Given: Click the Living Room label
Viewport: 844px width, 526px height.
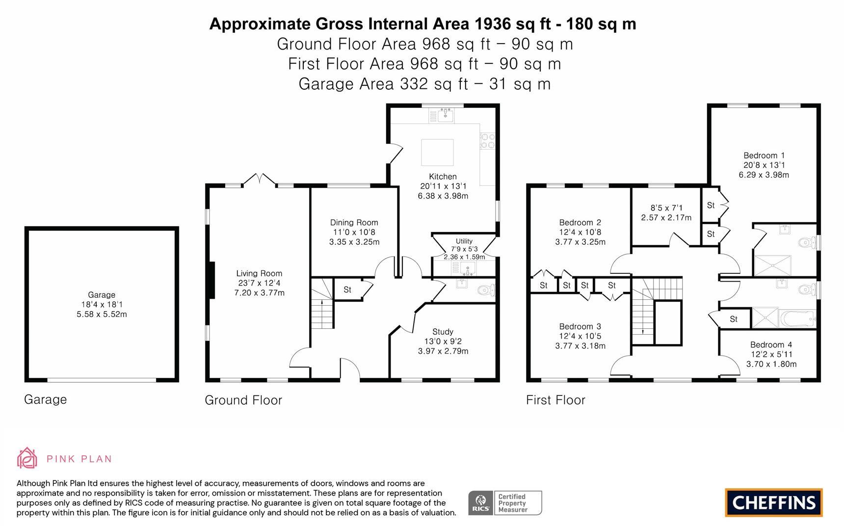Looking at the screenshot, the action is [259, 273].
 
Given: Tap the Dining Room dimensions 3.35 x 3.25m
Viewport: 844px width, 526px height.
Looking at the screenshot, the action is [354, 242].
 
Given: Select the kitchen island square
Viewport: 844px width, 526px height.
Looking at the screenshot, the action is [437, 153].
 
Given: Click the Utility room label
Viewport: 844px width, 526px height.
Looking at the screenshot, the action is [464, 241].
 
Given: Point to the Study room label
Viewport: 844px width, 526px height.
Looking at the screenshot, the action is [443, 332].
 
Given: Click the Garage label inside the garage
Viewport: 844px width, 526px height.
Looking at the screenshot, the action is [102, 295].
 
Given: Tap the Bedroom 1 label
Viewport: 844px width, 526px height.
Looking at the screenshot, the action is [764, 156].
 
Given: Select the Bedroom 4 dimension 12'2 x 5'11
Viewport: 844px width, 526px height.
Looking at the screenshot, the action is [771, 354].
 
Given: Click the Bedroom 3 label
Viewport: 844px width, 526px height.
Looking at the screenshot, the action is [580, 326].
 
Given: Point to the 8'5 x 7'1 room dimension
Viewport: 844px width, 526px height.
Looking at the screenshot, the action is [666, 208].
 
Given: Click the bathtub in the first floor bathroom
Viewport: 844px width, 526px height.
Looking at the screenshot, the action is [798, 318].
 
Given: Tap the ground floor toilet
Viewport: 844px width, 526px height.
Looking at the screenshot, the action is [486, 290].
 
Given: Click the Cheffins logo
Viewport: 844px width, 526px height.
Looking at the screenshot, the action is [774, 502].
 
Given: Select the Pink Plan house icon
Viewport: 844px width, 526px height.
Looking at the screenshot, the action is [27, 458].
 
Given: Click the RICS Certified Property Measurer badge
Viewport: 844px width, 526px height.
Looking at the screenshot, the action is [505, 503].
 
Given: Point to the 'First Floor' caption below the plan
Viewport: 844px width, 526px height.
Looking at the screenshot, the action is [555, 400].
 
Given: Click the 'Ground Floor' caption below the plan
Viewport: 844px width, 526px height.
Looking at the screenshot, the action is [243, 400].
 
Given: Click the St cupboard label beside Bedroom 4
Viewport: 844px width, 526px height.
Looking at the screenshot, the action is [734, 319].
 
